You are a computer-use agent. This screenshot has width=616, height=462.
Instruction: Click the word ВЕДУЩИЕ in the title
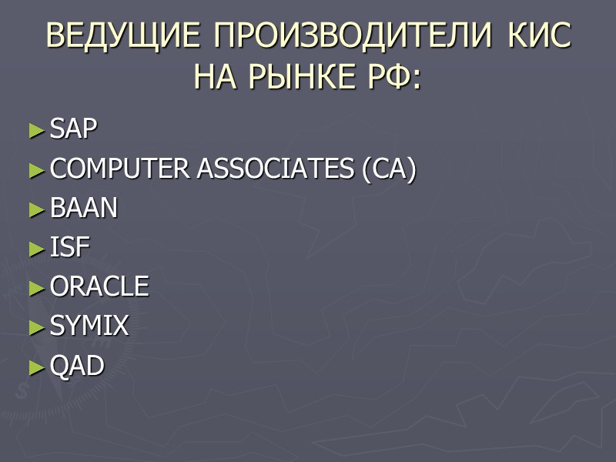123,36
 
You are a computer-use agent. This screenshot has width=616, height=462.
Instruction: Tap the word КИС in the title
538,36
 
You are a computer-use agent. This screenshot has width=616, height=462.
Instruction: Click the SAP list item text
74,130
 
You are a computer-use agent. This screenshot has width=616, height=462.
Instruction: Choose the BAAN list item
84,209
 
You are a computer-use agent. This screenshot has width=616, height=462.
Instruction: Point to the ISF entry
70,248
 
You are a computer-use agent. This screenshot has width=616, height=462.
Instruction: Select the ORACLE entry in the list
99,287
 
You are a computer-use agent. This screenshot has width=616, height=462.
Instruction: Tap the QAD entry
77,367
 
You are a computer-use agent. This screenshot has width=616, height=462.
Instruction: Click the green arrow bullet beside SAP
38,132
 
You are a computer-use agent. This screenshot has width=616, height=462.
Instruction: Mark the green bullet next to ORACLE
38,289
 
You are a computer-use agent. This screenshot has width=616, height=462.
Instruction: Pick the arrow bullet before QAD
38,368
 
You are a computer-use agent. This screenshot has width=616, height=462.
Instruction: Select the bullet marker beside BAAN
38,210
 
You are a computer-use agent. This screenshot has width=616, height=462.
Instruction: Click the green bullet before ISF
38,249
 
